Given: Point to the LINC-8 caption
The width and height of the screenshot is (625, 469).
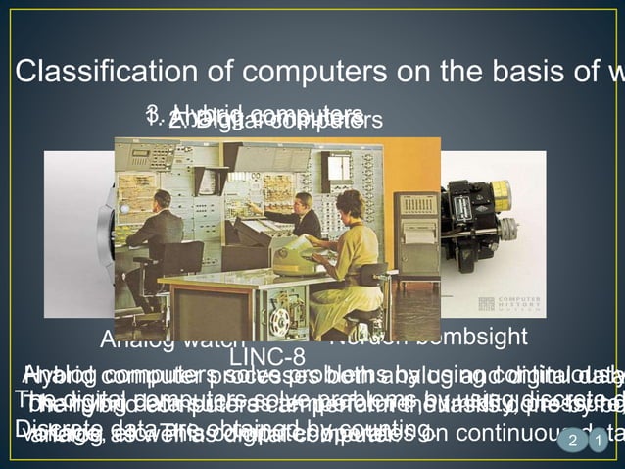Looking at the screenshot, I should coord(273,355).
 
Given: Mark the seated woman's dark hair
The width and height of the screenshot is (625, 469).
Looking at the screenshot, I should coord(349,201).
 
